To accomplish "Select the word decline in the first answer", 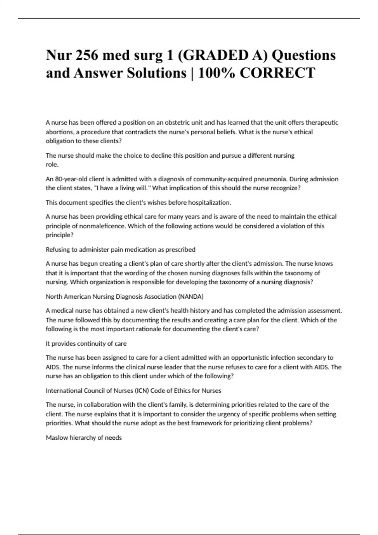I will pos(161,155).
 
